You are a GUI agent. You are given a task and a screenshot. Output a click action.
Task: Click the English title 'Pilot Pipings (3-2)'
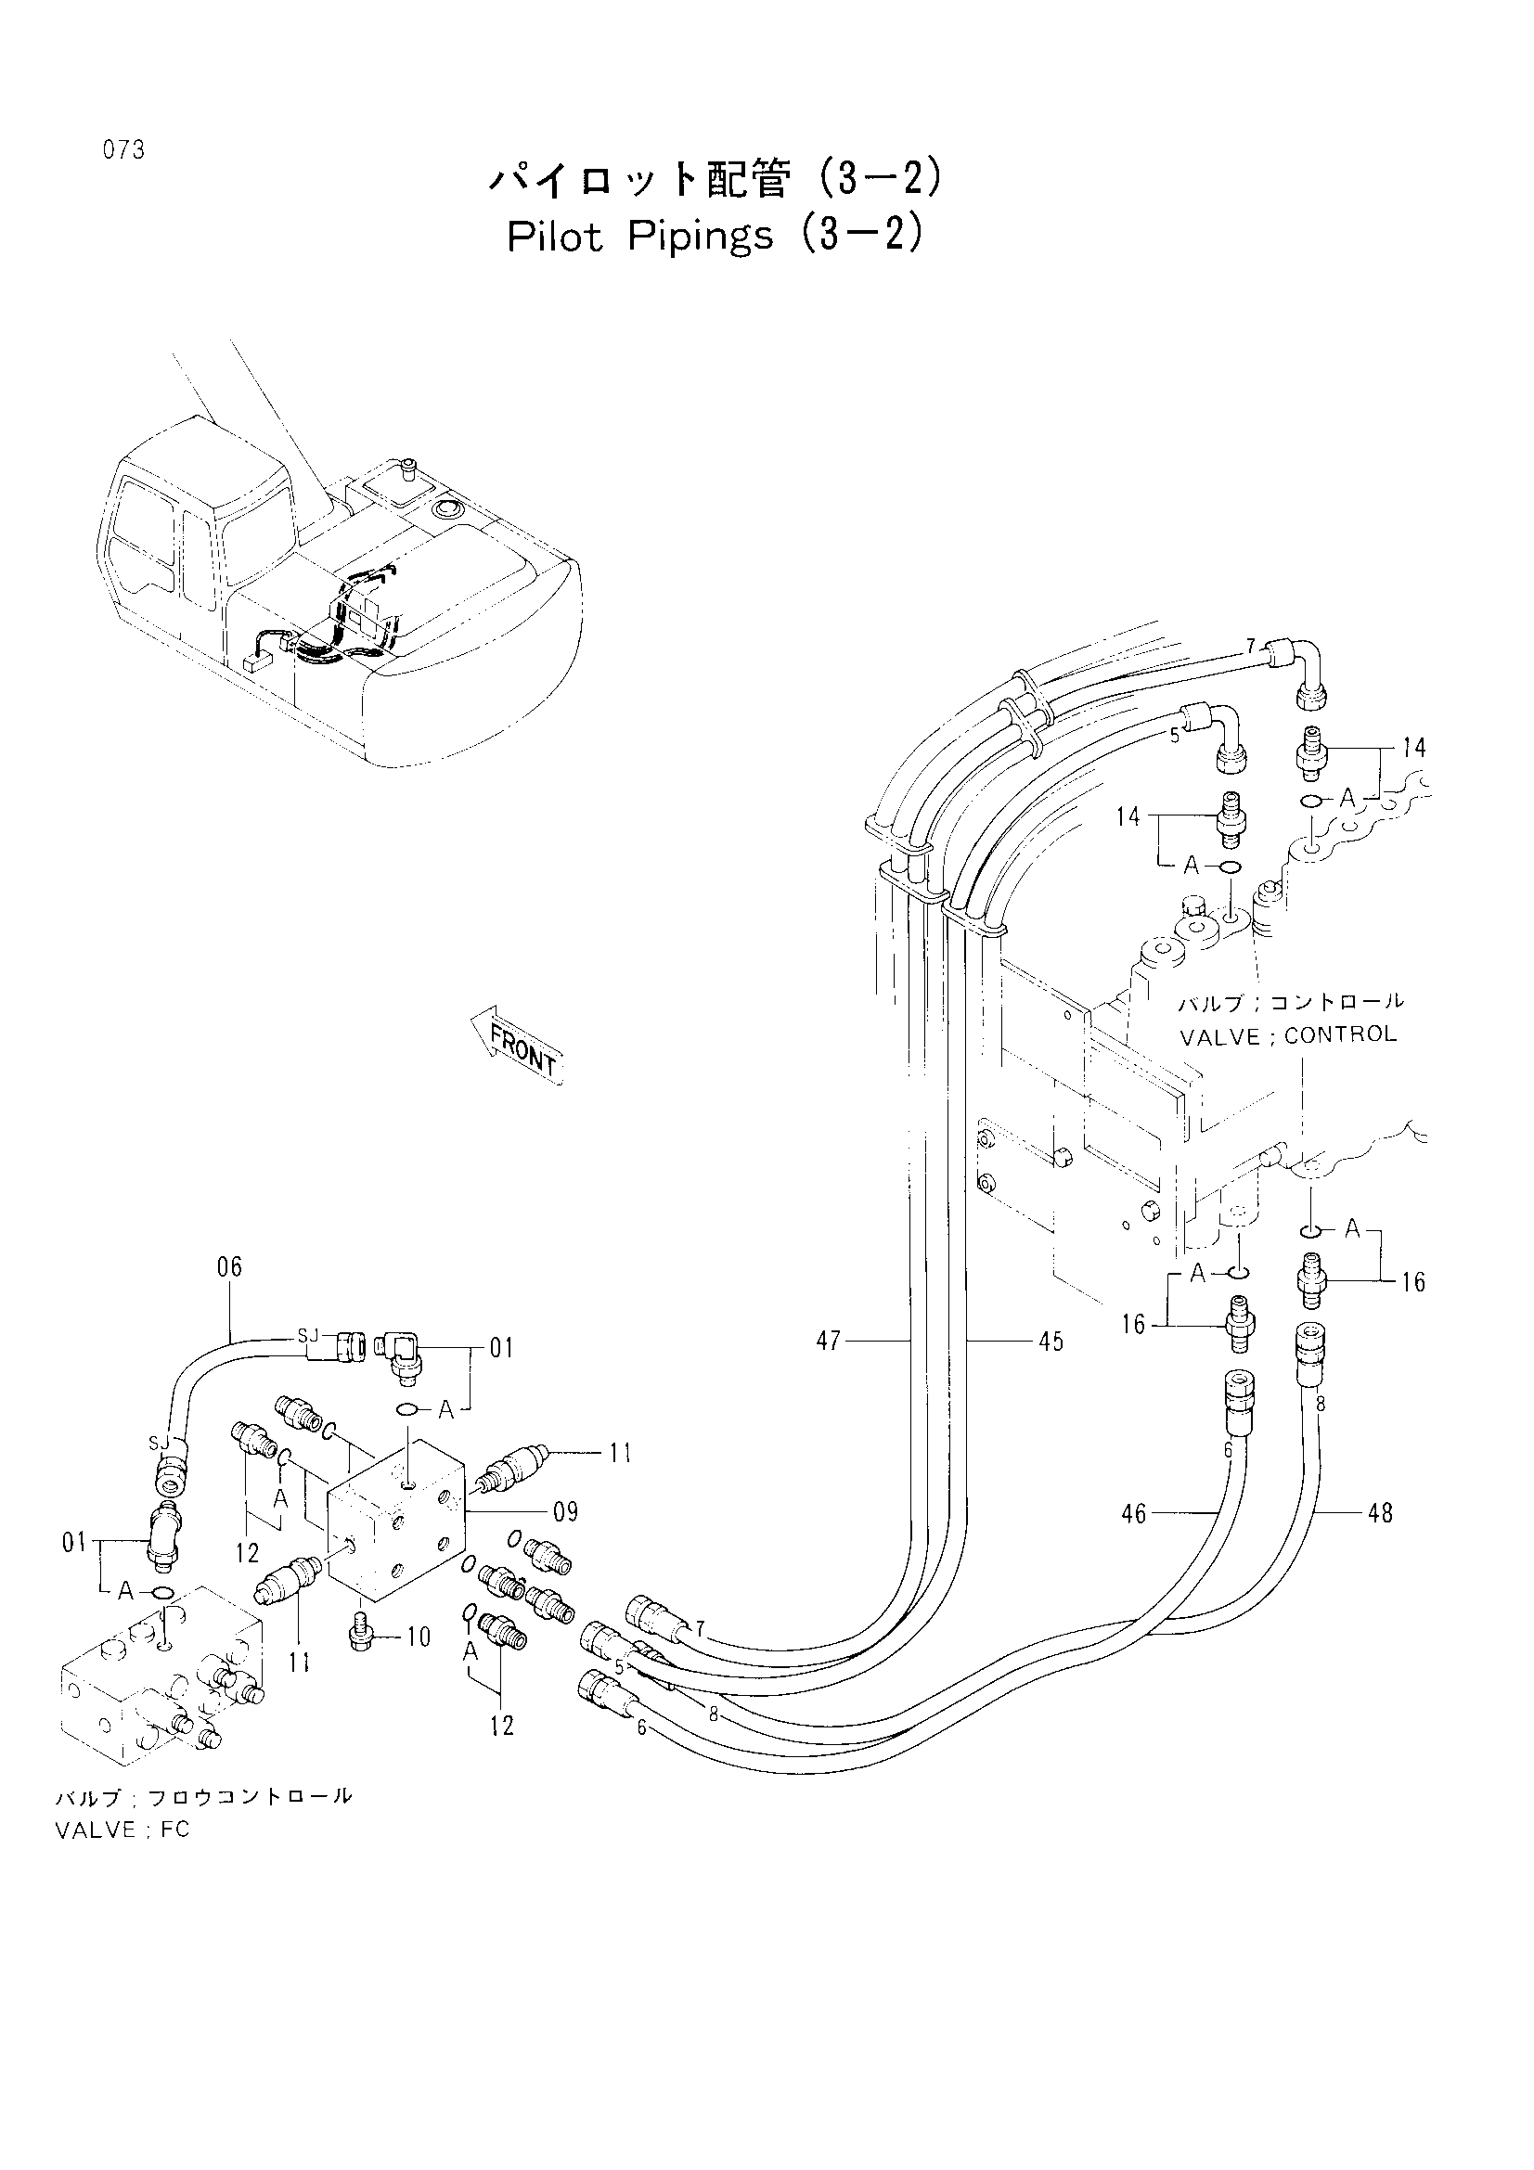click(714, 237)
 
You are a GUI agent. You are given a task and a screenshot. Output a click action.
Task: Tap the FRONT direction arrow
click(516, 1046)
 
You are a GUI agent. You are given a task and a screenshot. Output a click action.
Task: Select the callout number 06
click(229, 1266)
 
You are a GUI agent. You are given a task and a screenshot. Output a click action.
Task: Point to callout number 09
click(565, 1512)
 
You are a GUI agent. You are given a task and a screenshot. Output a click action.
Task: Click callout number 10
click(418, 1637)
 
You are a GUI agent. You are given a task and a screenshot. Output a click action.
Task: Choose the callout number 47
click(828, 1342)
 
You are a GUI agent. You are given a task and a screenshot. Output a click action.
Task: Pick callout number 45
click(1051, 1342)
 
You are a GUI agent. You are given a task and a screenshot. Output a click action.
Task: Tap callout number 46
click(1133, 1514)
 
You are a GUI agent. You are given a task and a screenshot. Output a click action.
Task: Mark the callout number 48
click(1380, 1513)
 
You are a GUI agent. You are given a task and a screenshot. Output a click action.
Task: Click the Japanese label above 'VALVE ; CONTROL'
click(1291, 1002)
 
